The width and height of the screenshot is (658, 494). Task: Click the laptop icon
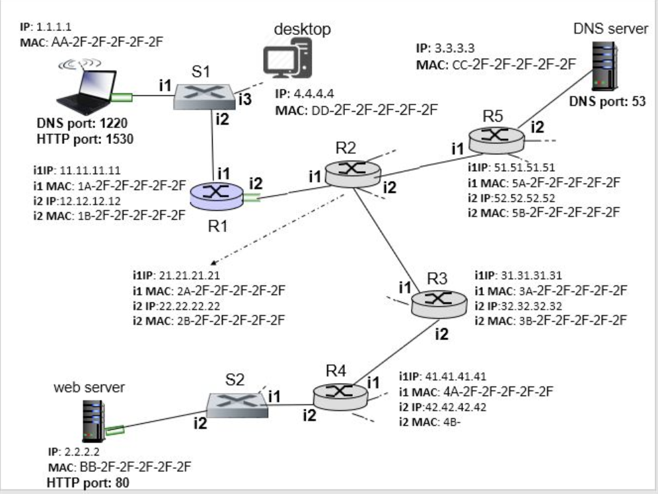[84, 89]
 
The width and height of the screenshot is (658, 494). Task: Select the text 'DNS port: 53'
[606, 101]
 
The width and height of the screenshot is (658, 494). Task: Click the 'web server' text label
[89, 388]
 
